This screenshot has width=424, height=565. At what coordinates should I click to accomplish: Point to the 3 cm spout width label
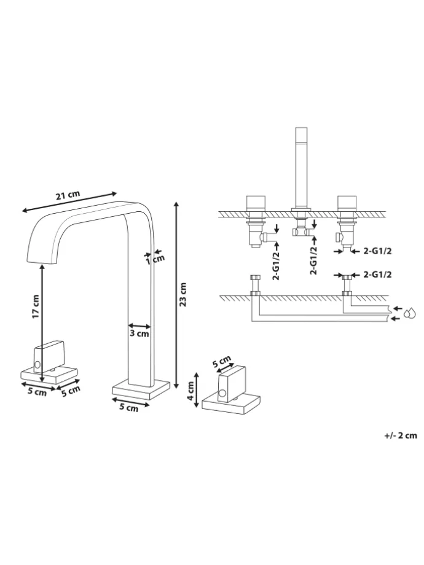point(139,335)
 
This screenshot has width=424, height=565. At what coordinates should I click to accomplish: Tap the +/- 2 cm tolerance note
point(400,435)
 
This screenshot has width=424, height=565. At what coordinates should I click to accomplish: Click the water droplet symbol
point(410,314)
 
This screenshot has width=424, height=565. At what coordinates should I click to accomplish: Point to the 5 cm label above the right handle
point(222,362)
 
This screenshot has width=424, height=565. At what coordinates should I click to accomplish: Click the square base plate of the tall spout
point(140,390)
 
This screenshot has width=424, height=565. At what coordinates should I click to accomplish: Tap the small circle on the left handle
point(37,365)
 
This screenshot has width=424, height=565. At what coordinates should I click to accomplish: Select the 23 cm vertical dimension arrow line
point(176,295)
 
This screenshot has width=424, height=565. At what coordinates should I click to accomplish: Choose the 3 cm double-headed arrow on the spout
point(139,325)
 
